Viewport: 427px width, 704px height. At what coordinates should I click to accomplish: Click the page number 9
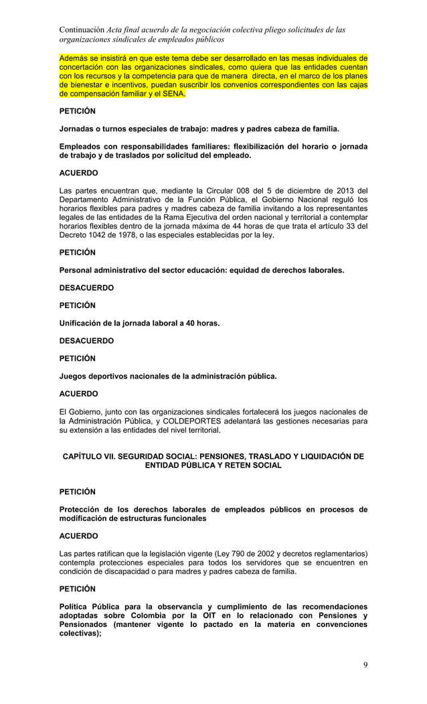click(x=365, y=664)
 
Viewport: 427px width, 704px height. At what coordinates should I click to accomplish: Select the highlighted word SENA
click(x=173, y=94)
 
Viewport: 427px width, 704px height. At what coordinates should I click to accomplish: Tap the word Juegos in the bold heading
click(x=74, y=376)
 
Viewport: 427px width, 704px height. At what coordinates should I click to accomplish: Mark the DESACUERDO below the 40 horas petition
click(x=86, y=341)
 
